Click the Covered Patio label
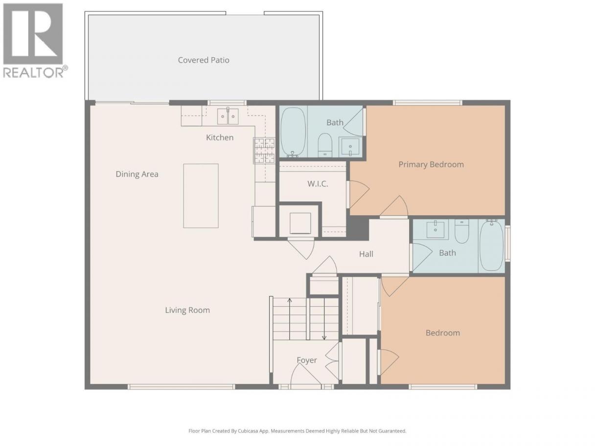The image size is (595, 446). tap(204, 60)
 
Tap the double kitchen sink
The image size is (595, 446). tap(228, 116)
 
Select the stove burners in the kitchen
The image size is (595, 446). tap(264, 151)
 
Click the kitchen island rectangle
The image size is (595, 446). tap(201, 196)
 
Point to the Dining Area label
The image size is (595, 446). tap(137, 174)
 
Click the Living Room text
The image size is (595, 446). tap(187, 310)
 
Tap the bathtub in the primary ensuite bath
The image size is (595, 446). tap(293, 133)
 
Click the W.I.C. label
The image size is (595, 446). tap(318, 184)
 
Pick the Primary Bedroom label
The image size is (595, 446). tap(431, 165)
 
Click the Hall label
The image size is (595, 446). tap(366, 254)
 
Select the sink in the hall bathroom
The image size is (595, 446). tap(435, 229)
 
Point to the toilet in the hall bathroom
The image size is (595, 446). tap(462, 231)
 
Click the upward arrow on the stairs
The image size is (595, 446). tap(290, 319)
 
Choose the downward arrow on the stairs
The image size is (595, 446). tap(324, 319)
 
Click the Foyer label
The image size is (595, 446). tap(307, 360)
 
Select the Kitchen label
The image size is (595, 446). tap(220, 137)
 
